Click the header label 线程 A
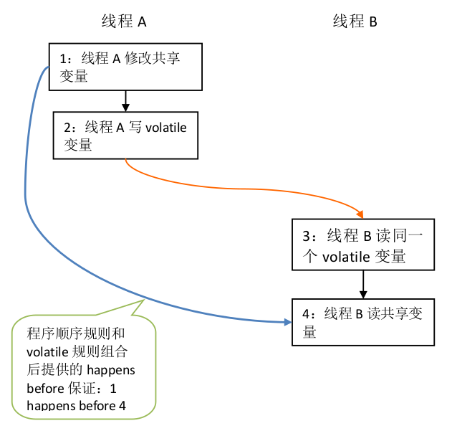click(x=123, y=22)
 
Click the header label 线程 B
click(x=355, y=22)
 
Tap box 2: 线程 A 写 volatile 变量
click(x=125, y=135)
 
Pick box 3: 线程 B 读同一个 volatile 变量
click(x=362, y=245)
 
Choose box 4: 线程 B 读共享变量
click(x=362, y=321)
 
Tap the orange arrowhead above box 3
click(x=360, y=213)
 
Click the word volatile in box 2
click(x=166, y=128)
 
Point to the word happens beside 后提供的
click(x=111, y=370)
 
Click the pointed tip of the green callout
click(x=143, y=298)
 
